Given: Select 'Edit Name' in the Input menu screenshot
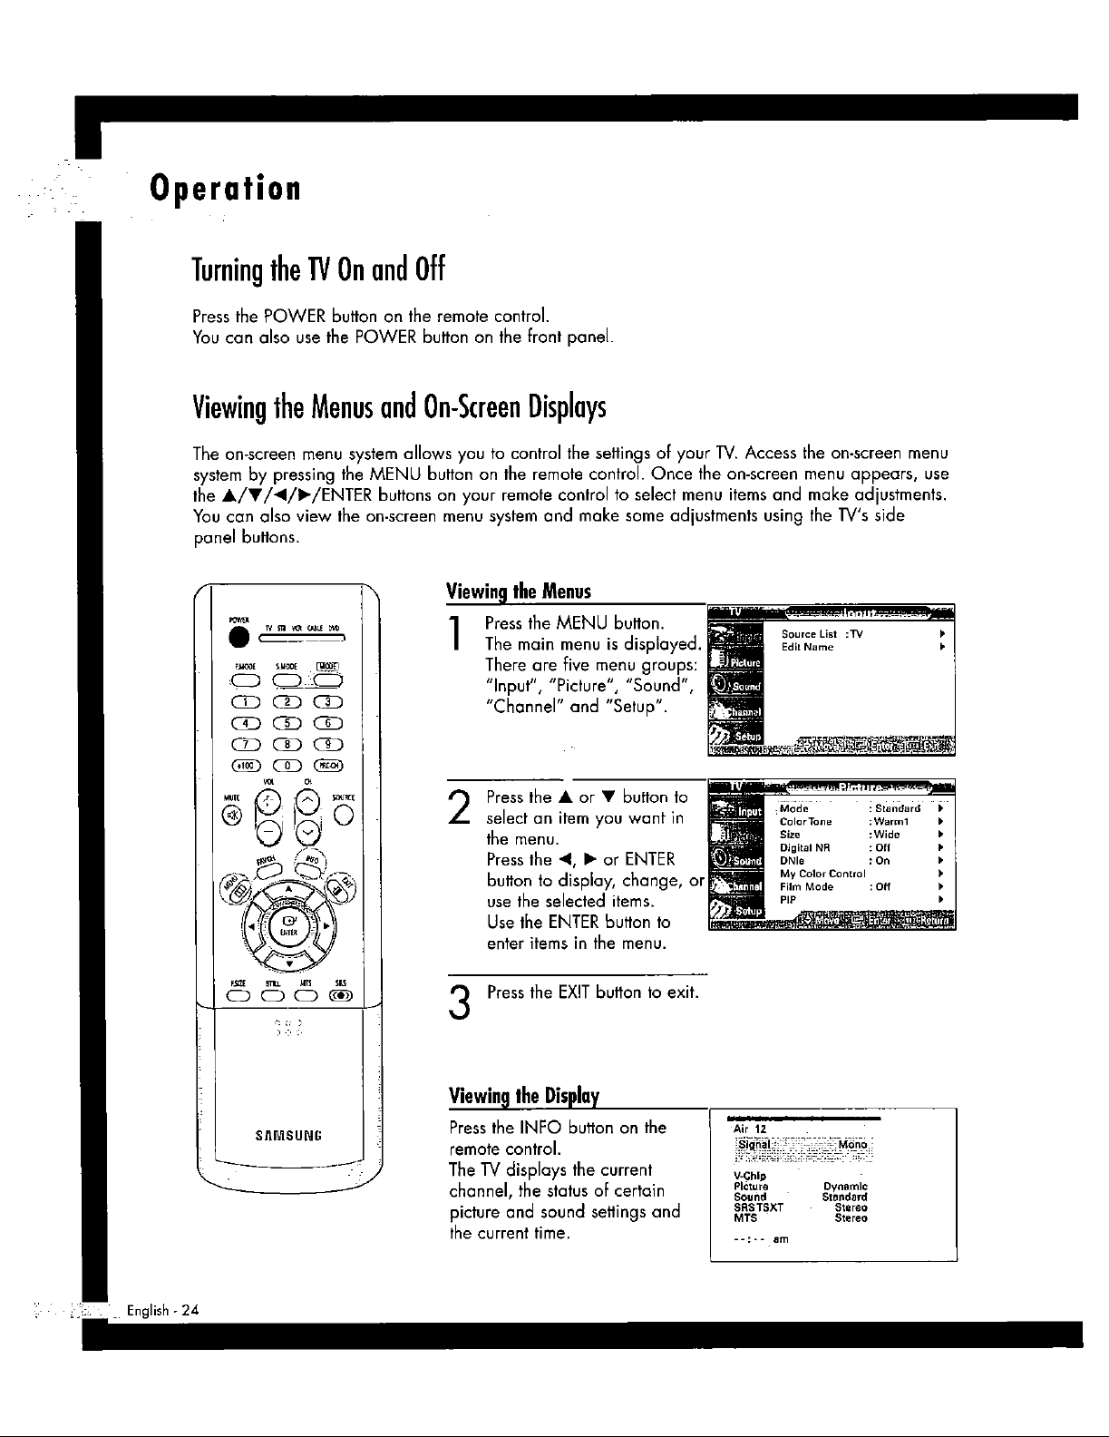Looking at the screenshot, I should tap(807, 648).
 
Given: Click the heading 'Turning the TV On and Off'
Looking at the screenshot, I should tap(320, 270).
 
